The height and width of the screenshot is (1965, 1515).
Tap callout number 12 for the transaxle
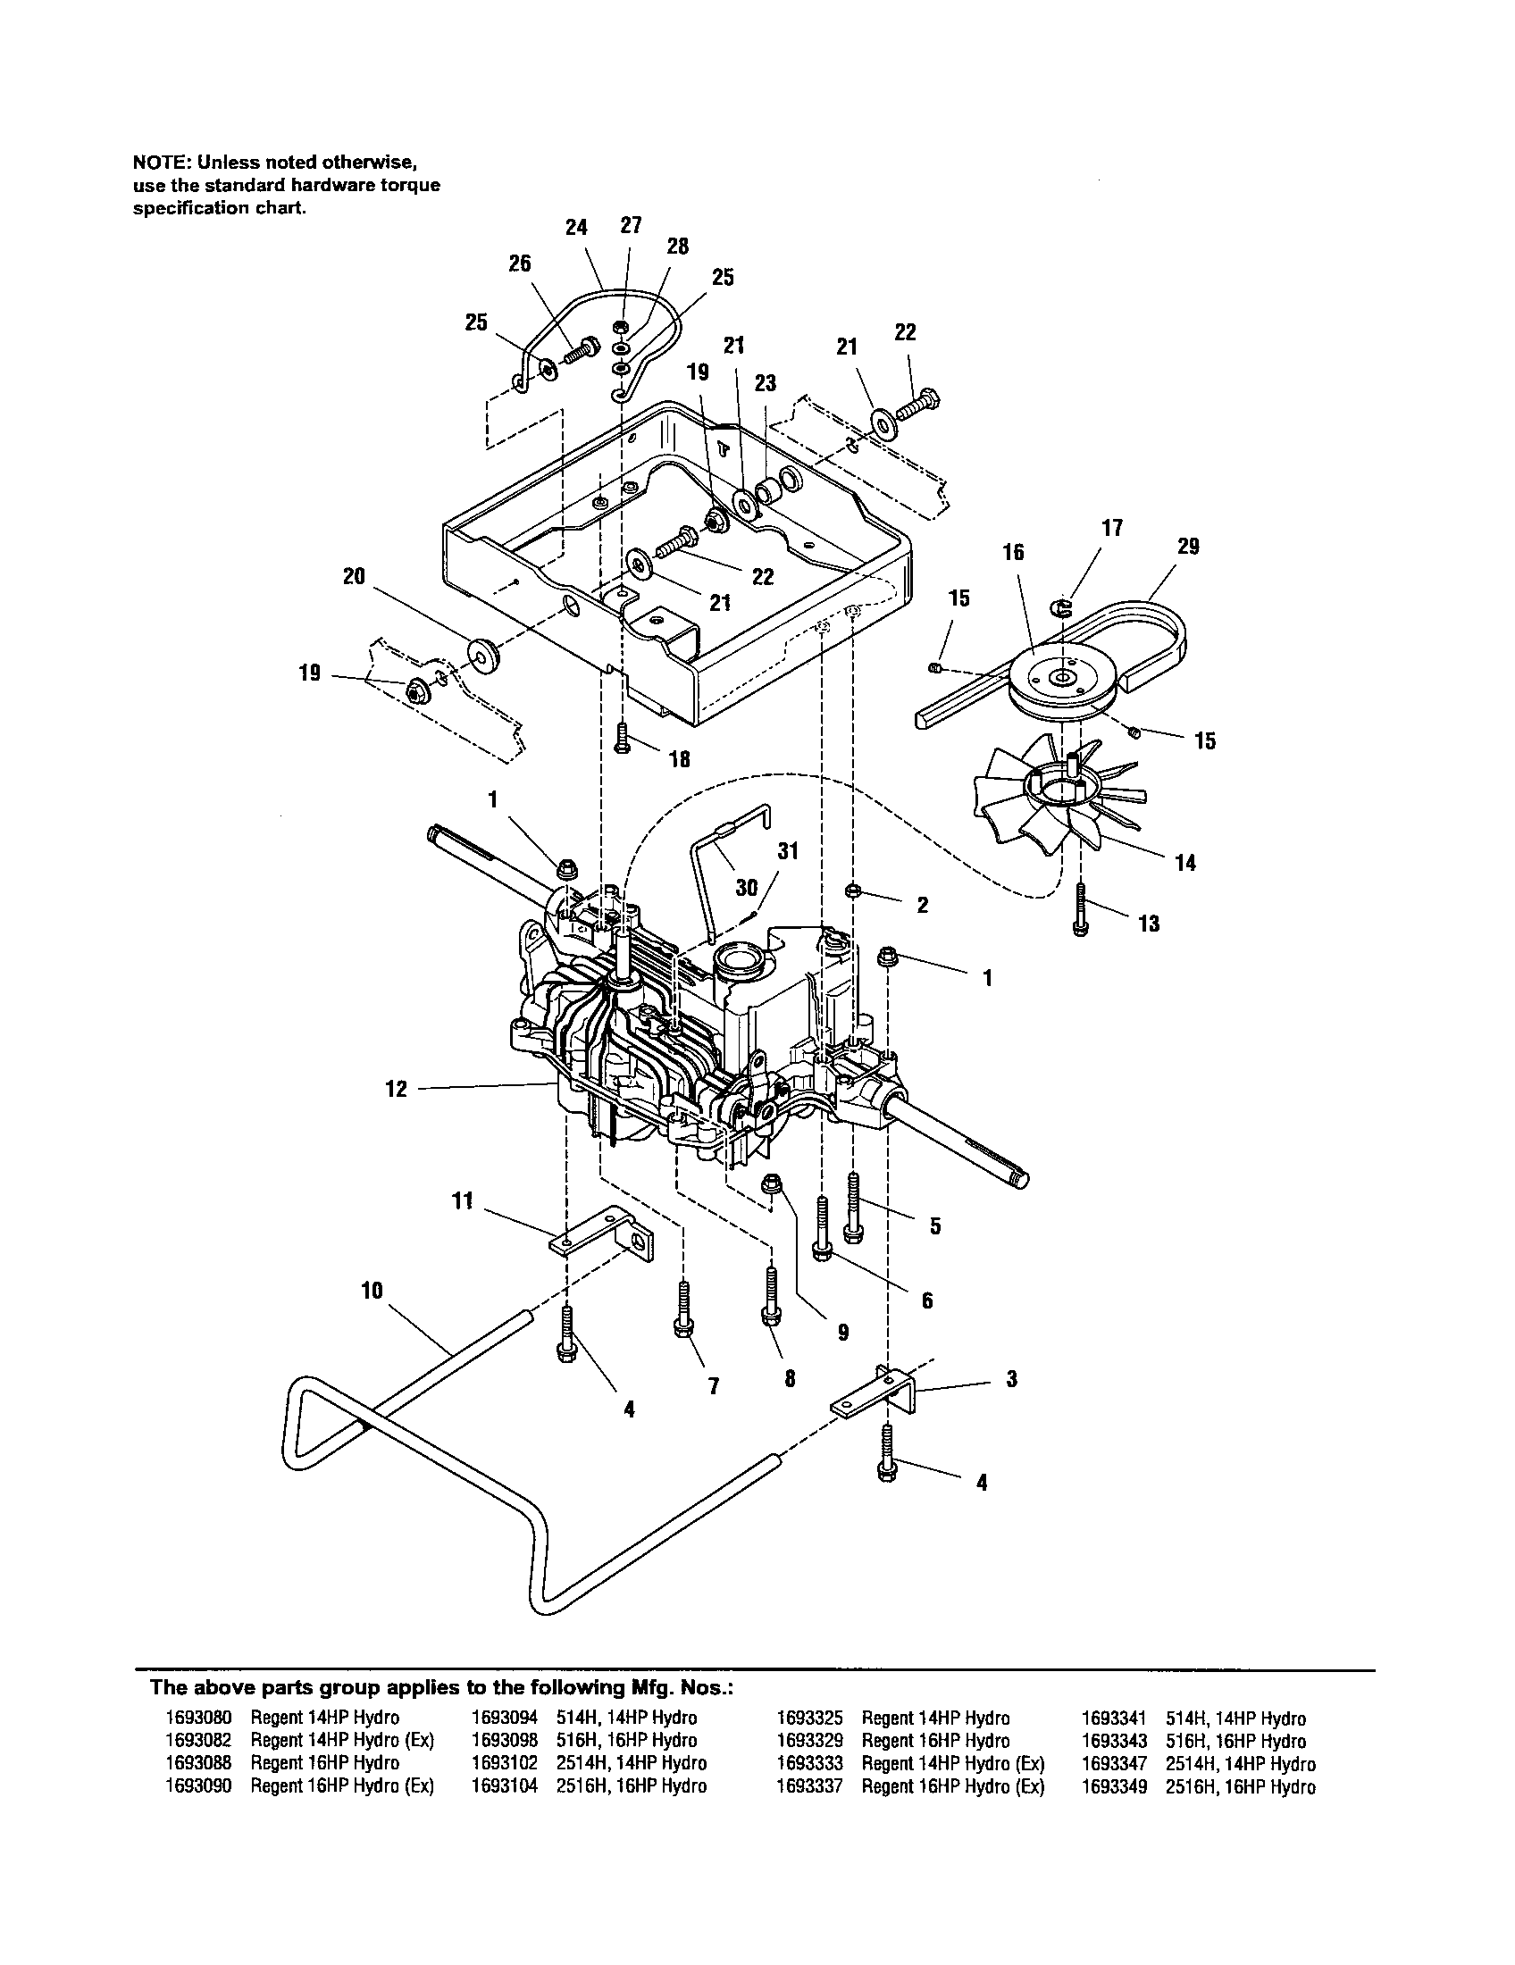point(397,1089)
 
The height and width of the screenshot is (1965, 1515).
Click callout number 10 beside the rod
point(372,1292)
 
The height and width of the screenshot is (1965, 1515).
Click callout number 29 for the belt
point(1187,546)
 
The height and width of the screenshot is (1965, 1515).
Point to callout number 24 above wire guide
point(576,228)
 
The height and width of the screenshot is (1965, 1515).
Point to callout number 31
point(787,851)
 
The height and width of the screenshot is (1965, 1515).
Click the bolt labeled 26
point(585,349)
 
